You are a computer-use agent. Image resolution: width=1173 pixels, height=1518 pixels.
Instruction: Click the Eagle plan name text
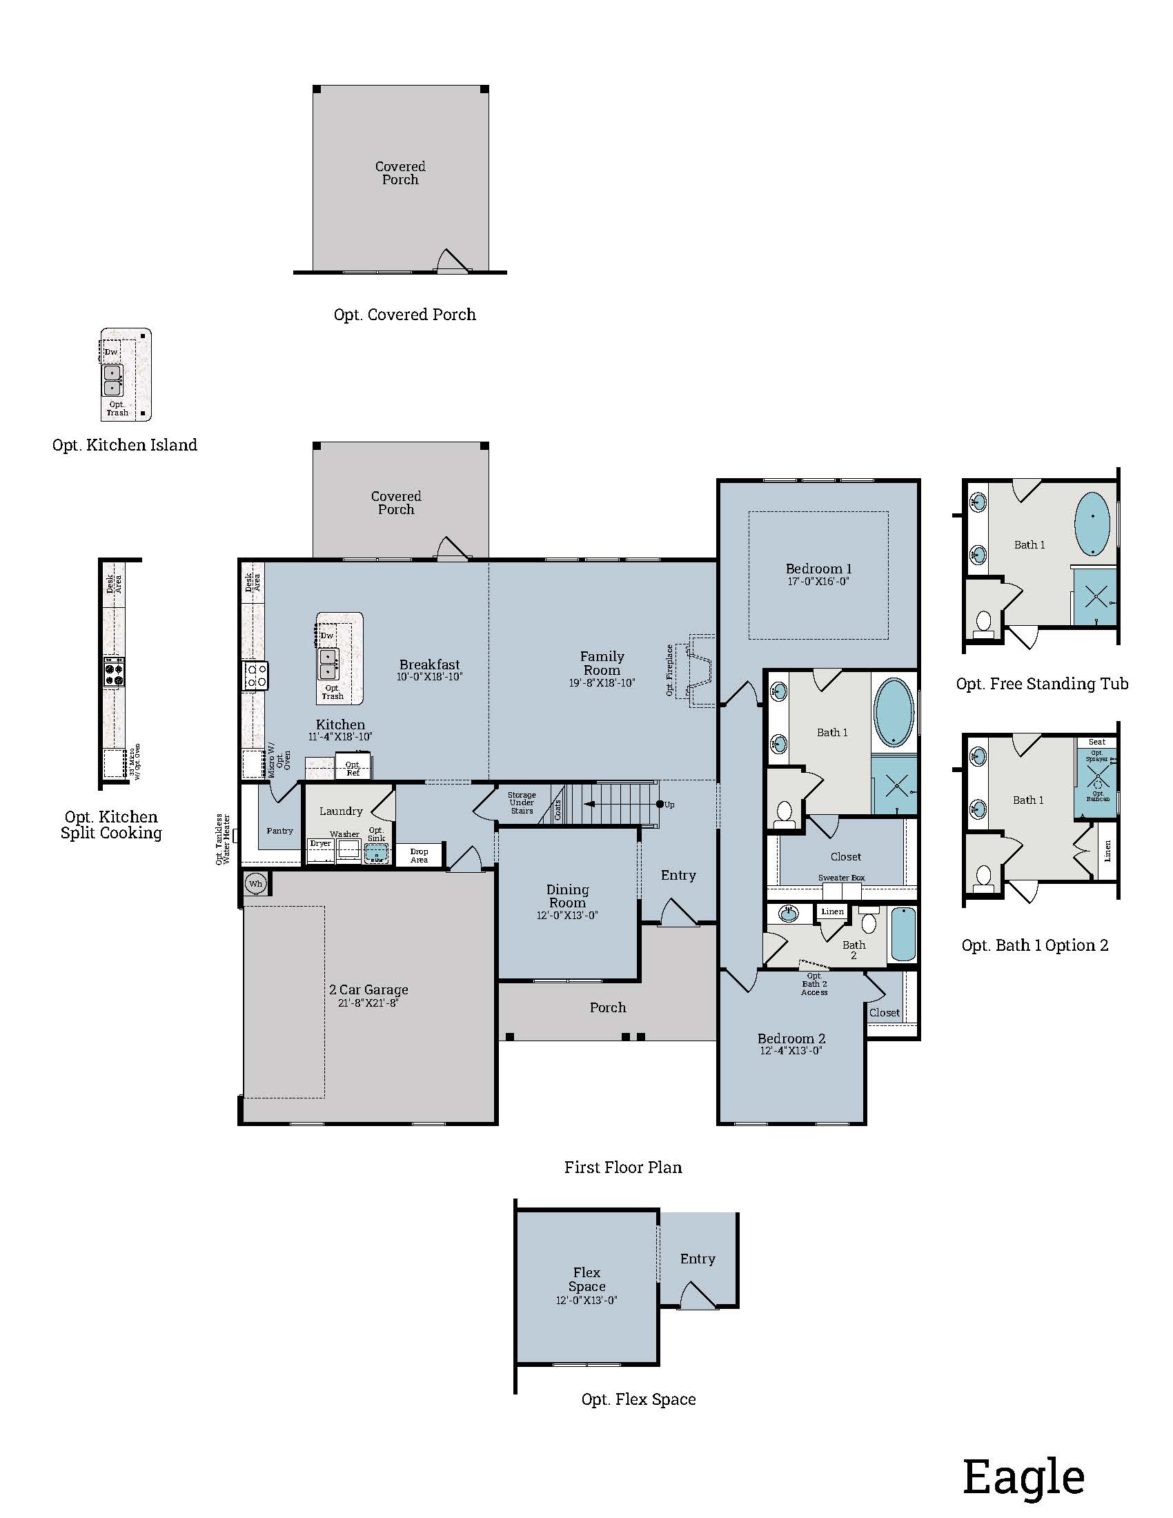pyautogui.click(x=1023, y=1477)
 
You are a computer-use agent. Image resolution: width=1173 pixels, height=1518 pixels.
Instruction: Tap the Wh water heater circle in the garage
pyautogui.click(x=255, y=884)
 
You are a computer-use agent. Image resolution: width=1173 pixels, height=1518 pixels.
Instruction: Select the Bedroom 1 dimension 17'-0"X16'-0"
pyautogui.click(x=818, y=581)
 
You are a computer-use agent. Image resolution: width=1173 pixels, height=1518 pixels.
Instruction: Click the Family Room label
pyautogui.click(x=602, y=663)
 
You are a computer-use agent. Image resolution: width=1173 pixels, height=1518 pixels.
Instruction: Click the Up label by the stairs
pyautogui.click(x=669, y=805)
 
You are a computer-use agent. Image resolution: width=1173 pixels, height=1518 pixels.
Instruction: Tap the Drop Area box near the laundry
pyautogui.click(x=419, y=855)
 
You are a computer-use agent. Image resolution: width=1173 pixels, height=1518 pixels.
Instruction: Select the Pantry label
pyautogui.click(x=279, y=831)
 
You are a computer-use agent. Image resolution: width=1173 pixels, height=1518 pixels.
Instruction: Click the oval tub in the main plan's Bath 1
pyautogui.click(x=894, y=713)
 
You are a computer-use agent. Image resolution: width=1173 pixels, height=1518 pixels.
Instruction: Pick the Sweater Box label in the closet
pyautogui.click(x=841, y=878)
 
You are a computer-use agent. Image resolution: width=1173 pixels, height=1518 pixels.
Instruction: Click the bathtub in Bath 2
pyautogui.click(x=903, y=934)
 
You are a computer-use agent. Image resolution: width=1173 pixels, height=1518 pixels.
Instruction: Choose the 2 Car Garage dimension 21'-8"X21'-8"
pyautogui.click(x=368, y=1003)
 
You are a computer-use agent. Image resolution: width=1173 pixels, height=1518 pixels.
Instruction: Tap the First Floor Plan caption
pyautogui.click(x=622, y=1167)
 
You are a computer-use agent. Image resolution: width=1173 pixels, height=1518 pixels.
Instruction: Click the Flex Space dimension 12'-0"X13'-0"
pyautogui.click(x=586, y=1301)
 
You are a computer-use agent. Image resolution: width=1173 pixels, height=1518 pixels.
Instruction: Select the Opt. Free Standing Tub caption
pyautogui.click(x=1042, y=684)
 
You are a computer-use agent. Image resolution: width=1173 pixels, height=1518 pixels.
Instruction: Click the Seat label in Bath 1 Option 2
pyautogui.click(x=1096, y=742)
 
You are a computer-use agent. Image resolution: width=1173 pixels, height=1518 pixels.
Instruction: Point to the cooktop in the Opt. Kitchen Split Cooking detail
pyautogui.click(x=115, y=671)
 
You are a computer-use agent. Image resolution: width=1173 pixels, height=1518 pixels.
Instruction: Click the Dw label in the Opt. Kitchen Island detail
pyautogui.click(x=111, y=352)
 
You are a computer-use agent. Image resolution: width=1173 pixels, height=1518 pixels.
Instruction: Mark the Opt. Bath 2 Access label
pyautogui.click(x=814, y=984)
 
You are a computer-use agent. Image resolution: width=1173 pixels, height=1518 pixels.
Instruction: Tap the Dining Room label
pyautogui.click(x=567, y=896)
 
